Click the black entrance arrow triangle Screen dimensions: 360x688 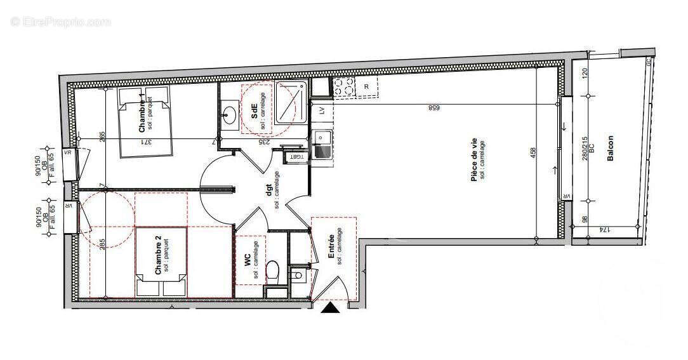tap(331, 308)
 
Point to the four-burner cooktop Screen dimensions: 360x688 tap(343, 86)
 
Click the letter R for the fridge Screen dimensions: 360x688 tap(367, 87)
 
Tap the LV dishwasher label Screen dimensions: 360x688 tap(322, 110)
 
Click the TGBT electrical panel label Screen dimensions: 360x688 tap(296, 156)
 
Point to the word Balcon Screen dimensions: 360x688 tap(610, 147)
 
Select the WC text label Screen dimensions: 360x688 tap(248, 261)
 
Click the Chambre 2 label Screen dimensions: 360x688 tap(158, 256)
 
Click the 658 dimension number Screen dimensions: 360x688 tap(434, 108)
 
